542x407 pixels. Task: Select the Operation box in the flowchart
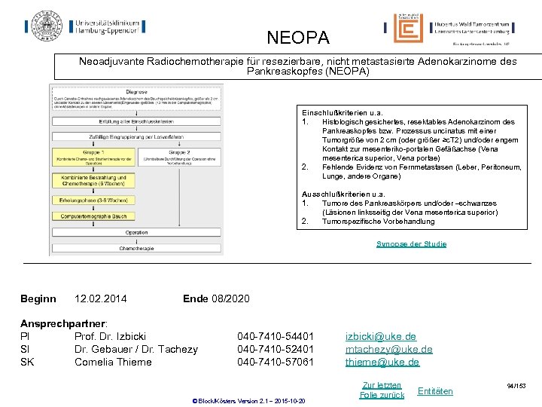coord(137,232)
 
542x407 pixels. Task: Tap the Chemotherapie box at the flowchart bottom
coord(137,248)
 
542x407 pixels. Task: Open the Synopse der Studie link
coord(411,244)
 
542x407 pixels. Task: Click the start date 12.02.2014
coord(101,299)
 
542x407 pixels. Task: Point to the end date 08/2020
coord(217,299)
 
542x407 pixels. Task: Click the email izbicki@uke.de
coord(381,336)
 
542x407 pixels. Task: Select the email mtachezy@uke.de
coord(388,349)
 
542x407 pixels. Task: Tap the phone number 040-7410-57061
coord(276,362)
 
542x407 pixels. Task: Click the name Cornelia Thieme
coord(113,362)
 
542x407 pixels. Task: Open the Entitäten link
coord(435,390)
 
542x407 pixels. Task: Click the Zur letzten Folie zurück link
coord(382,390)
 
